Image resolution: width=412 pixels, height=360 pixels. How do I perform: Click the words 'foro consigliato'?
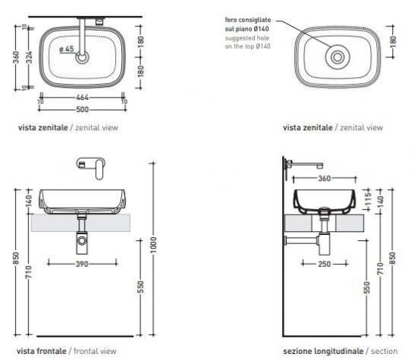pyautogui.click(x=246, y=20)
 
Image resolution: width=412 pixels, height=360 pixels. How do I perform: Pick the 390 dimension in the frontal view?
pyautogui.click(x=82, y=263)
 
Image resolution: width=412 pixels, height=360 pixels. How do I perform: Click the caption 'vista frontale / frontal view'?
pyautogui.click(x=67, y=351)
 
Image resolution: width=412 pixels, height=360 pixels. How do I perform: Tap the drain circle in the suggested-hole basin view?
pyautogui.click(x=335, y=56)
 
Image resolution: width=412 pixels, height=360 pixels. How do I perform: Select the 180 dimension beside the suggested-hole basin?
pyautogui.click(x=392, y=40)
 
